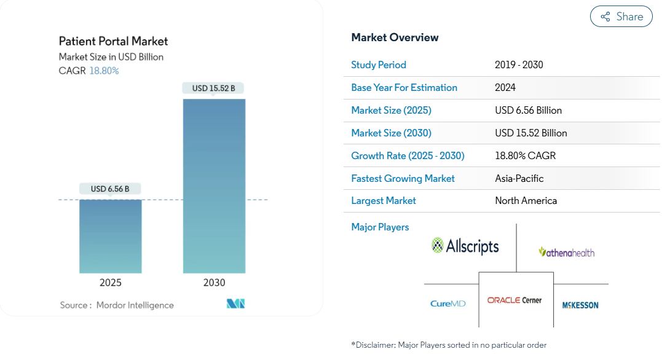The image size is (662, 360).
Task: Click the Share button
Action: [621, 17]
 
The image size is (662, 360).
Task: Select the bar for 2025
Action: [111, 237]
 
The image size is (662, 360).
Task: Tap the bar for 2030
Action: [214, 186]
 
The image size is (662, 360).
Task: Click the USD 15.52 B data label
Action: [214, 88]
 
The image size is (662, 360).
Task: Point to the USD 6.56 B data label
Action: [110, 189]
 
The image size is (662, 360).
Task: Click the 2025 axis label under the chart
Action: [111, 283]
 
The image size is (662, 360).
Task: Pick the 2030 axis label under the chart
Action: [214, 283]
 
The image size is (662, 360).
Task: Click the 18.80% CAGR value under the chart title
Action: [104, 71]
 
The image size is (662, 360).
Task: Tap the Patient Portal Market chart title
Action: [113, 41]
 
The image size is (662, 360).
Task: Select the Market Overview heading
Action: [395, 37]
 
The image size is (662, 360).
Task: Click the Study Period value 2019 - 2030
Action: [519, 65]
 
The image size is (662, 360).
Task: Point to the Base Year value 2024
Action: [505, 87]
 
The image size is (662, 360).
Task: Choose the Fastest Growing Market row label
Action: [403, 179]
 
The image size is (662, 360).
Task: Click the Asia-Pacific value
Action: [519, 179]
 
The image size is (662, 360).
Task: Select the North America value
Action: [526, 200]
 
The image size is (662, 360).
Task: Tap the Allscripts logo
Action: [465, 246]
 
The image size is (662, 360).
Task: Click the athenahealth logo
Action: [567, 252]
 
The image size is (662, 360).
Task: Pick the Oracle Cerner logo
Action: [514, 300]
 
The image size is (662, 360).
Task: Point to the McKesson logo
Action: [580, 305]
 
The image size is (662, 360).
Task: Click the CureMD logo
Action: [448, 303]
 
